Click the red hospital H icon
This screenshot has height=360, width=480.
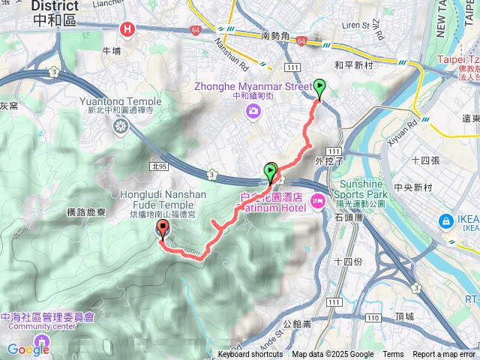(128, 29)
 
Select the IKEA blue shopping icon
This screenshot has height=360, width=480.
(445, 220)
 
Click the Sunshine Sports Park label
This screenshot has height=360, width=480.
(349, 187)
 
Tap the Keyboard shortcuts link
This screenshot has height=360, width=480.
(250, 355)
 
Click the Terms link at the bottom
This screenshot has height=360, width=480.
(393, 355)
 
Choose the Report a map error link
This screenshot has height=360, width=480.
(444, 355)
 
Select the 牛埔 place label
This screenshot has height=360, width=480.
(111, 50)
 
